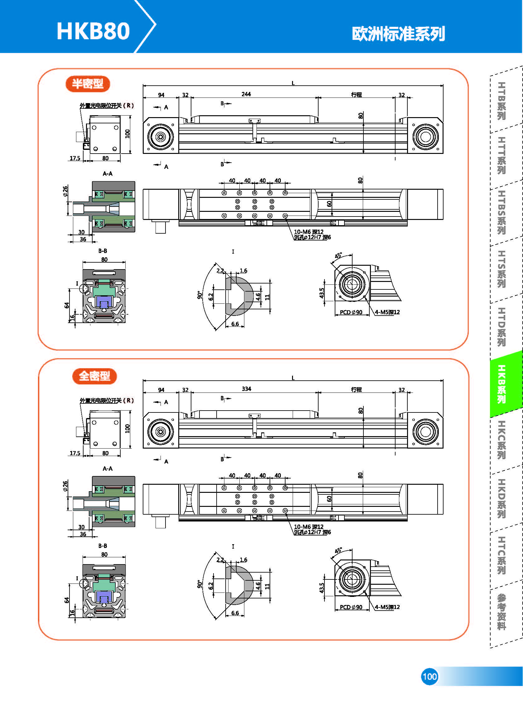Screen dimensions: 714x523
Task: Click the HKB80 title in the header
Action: (93, 31)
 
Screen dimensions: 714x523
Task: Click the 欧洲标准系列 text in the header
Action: (398, 34)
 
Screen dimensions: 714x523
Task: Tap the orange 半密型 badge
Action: (88, 84)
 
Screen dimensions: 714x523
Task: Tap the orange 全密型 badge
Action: (94, 376)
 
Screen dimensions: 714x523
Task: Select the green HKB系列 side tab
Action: (501, 384)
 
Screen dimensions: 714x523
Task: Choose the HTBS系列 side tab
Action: (501, 212)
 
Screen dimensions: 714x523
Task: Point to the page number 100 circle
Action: (429, 677)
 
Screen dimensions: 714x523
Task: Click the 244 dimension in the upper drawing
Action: (246, 94)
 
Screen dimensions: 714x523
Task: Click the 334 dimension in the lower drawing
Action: (246, 389)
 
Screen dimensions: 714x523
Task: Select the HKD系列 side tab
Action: (501, 498)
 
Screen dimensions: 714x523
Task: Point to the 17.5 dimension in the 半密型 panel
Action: (75, 158)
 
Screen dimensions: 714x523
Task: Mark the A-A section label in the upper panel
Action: (108, 174)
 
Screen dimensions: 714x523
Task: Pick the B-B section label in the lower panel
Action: (103, 546)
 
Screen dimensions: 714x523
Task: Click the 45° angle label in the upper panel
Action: (338, 255)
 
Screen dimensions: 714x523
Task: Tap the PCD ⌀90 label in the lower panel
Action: (351, 607)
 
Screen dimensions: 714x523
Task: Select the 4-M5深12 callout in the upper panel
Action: (387, 312)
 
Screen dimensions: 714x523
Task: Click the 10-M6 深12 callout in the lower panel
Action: (309, 527)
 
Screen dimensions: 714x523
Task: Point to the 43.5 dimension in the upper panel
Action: (322, 293)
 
